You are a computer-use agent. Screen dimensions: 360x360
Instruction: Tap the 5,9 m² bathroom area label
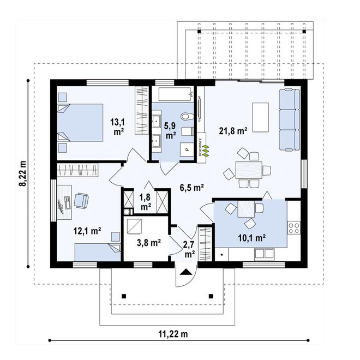[x=170, y=129]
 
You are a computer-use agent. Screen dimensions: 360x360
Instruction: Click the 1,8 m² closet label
[x=146, y=202]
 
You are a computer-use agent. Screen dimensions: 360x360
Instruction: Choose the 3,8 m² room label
[x=147, y=243]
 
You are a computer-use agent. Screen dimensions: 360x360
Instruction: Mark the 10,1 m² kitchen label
[x=251, y=238]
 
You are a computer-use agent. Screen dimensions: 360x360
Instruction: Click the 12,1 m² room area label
[x=88, y=231]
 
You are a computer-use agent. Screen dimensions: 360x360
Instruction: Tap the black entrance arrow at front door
[x=187, y=272]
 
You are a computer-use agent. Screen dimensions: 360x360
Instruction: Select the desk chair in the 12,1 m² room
[x=82, y=201]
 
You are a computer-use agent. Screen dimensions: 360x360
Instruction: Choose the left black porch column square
[x=125, y=297]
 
